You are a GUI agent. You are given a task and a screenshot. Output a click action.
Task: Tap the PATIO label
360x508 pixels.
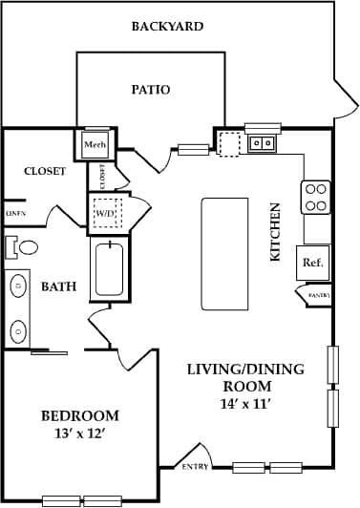point(150,90)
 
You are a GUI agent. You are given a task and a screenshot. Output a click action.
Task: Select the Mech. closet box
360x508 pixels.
point(95,145)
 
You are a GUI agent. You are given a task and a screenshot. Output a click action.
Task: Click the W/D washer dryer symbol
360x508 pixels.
point(104,213)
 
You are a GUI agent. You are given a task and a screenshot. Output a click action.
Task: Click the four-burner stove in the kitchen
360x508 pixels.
point(316,198)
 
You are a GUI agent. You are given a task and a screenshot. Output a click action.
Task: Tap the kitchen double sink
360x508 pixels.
point(262,143)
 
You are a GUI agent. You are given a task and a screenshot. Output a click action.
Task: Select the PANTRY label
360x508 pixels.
point(319,297)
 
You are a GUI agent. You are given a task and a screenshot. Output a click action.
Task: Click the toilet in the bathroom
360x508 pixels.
point(25,247)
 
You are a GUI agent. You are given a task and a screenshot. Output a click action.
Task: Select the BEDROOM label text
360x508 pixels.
point(80,415)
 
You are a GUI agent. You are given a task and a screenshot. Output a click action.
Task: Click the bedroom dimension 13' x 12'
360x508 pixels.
point(80,434)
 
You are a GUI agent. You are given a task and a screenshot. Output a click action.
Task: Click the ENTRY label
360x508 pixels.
point(195,467)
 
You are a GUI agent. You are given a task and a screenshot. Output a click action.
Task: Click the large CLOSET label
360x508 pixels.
point(45,172)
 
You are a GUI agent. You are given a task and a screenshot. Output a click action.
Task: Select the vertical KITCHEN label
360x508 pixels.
point(276,232)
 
